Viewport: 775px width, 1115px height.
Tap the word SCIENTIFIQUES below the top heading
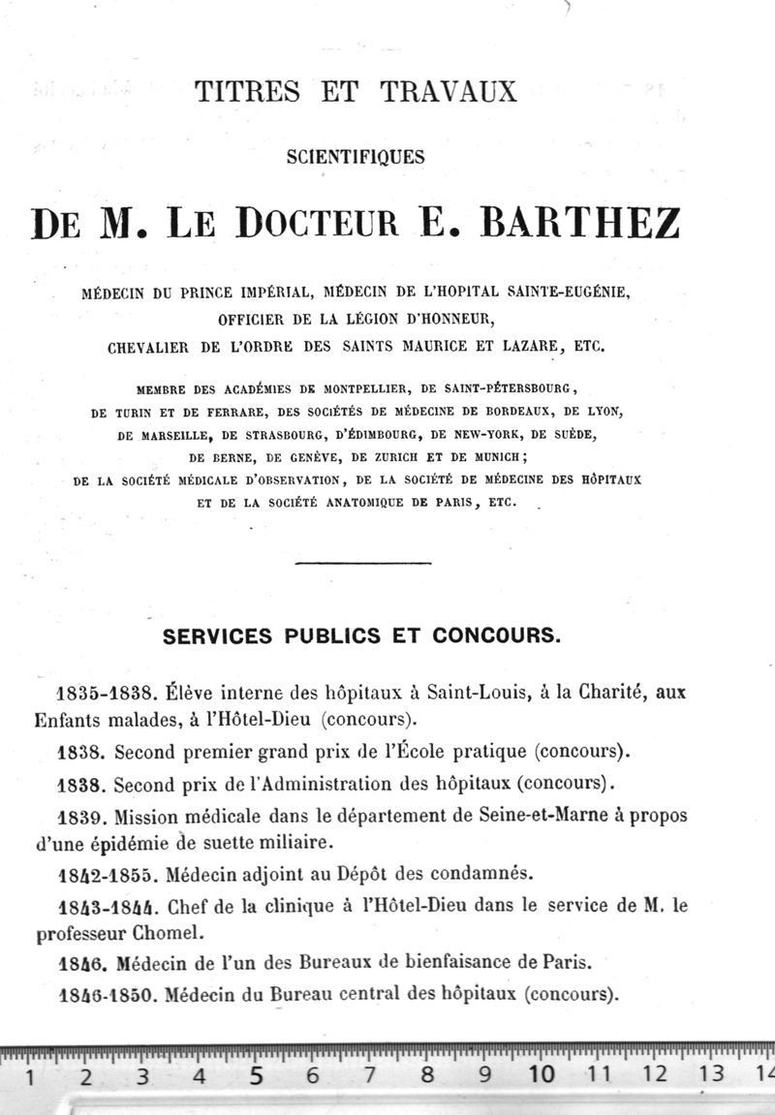point(356,156)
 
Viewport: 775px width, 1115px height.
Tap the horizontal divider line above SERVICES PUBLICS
point(361,562)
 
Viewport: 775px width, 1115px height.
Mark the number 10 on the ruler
point(542,1074)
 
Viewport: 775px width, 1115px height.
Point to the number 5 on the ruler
point(257,1074)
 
